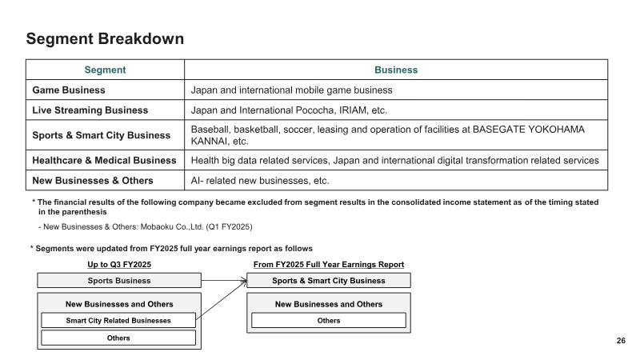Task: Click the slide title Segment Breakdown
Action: [x=105, y=38]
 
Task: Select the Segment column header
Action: [x=105, y=70]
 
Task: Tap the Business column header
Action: [x=396, y=70]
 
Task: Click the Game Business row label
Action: [x=69, y=90]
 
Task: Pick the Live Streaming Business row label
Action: [x=90, y=110]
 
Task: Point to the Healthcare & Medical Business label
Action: [x=104, y=161]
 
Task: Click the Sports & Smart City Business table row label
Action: [x=102, y=135]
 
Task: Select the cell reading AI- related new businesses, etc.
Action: [x=260, y=181]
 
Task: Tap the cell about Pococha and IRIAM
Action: [x=289, y=110]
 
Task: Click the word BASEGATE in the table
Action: [x=498, y=130]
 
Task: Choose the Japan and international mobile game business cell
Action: [x=291, y=90]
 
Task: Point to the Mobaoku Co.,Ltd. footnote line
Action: [x=146, y=226]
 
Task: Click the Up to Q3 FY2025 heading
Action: [x=119, y=265]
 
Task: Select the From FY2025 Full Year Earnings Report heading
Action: [x=329, y=265]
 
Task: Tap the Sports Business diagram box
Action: [x=119, y=281]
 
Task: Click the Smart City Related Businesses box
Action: [x=118, y=321]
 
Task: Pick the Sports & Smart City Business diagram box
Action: [x=329, y=281]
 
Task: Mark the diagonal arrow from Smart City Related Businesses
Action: [x=222, y=300]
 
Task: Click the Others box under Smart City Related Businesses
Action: [x=118, y=338]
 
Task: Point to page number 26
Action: [x=621, y=341]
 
